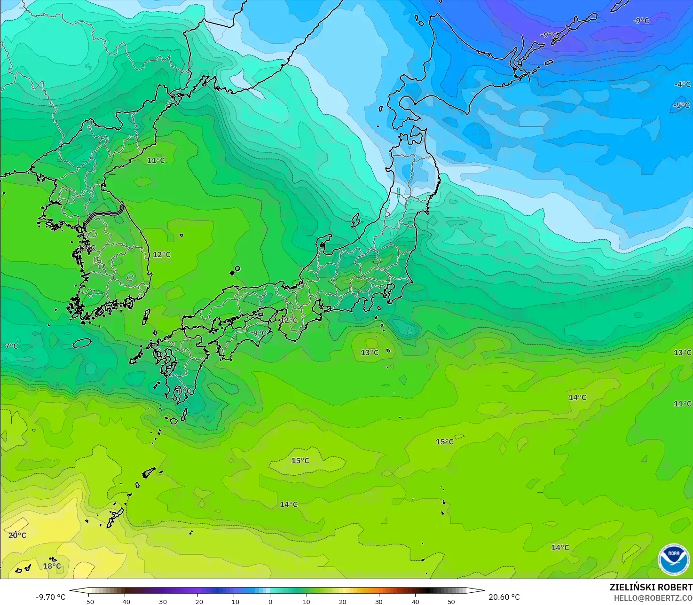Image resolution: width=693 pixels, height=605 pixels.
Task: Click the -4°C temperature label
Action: tap(683, 85)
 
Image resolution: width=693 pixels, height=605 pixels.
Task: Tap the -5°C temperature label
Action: tap(681, 105)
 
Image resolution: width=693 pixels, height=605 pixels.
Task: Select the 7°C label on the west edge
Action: tap(11, 346)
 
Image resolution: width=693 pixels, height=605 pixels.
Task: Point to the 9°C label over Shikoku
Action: tap(260, 333)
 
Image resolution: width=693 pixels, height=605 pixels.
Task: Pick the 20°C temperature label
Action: tap(17, 535)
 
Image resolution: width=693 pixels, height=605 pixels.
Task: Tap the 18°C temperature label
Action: tap(52, 566)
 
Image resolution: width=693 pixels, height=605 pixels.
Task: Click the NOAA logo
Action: tap(673, 559)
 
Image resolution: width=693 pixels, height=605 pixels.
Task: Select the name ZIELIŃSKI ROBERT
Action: tap(651, 587)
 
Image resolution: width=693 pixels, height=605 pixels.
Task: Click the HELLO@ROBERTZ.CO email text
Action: tap(653, 597)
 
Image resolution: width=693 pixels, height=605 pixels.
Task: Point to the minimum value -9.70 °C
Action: tap(50, 597)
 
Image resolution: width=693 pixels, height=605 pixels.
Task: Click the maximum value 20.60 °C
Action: tap(504, 597)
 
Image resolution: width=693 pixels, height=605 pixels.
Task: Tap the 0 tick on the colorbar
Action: tap(270, 601)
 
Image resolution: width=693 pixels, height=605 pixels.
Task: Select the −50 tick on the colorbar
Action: tap(88, 601)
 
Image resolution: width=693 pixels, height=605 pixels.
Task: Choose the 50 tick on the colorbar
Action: tap(451, 601)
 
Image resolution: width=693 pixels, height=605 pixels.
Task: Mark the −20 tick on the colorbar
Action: tap(197, 601)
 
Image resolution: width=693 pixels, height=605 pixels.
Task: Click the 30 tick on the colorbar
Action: tap(379, 601)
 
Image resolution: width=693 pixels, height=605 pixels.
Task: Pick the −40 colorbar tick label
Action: tap(125, 601)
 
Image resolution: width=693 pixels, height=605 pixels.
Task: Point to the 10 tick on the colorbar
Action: tap(307, 601)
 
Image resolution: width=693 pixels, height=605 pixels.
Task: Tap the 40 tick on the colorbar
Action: tap(415, 601)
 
